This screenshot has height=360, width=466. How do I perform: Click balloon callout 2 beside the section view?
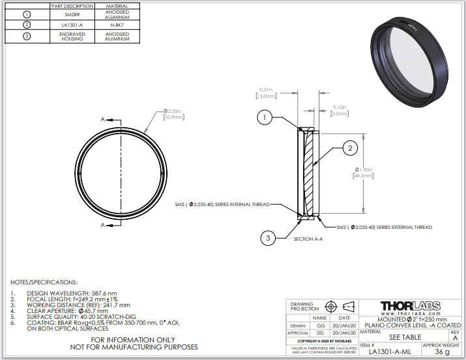349,149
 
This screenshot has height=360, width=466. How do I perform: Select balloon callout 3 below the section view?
267,239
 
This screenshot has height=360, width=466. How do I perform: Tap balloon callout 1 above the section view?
263,118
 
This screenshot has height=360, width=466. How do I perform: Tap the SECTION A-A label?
308,239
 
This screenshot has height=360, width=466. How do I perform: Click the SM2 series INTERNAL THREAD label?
222,204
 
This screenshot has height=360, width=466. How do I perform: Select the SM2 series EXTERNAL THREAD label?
384,227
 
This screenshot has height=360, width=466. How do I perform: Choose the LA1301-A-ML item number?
390,352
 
